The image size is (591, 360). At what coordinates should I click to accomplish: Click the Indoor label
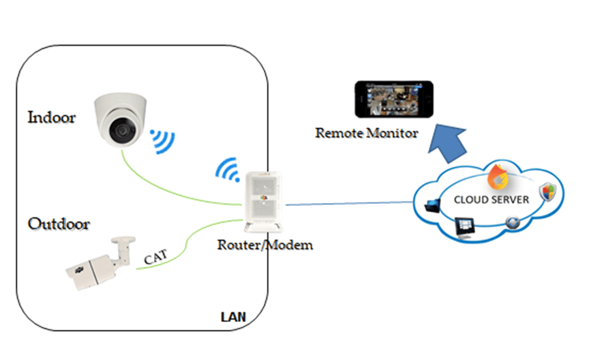[x=51, y=117]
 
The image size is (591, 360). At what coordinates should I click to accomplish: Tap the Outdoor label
[x=59, y=223]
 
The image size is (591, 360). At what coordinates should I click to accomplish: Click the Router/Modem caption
[x=265, y=244]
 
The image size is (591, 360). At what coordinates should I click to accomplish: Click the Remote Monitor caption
[x=366, y=133]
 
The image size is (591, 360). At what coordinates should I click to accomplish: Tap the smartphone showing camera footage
[x=393, y=99]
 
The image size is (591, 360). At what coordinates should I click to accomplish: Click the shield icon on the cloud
[x=548, y=192]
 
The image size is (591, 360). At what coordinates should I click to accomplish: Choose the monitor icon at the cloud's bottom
[x=466, y=226]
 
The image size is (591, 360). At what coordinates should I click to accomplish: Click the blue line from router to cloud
[x=348, y=203]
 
